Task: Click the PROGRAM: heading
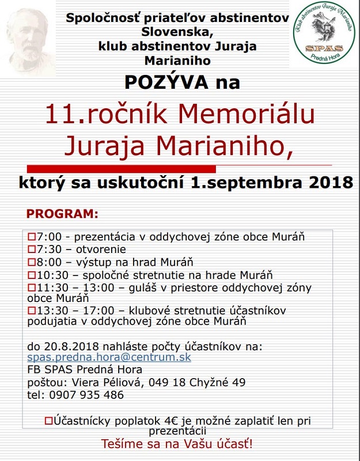pyautogui.click(x=62, y=214)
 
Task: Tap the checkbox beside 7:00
pyautogui.click(x=31, y=237)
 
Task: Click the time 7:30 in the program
pyautogui.click(x=47, y=250)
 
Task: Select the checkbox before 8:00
pyautogui.click(x=31, y=262)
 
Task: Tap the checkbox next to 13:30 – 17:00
pyautogui.click(x=31, y=311)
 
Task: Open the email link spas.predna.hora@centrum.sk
pyautogui.click(x=109, y=357)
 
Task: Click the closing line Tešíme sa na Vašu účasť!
pyautogui.click(x=177, y=444)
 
